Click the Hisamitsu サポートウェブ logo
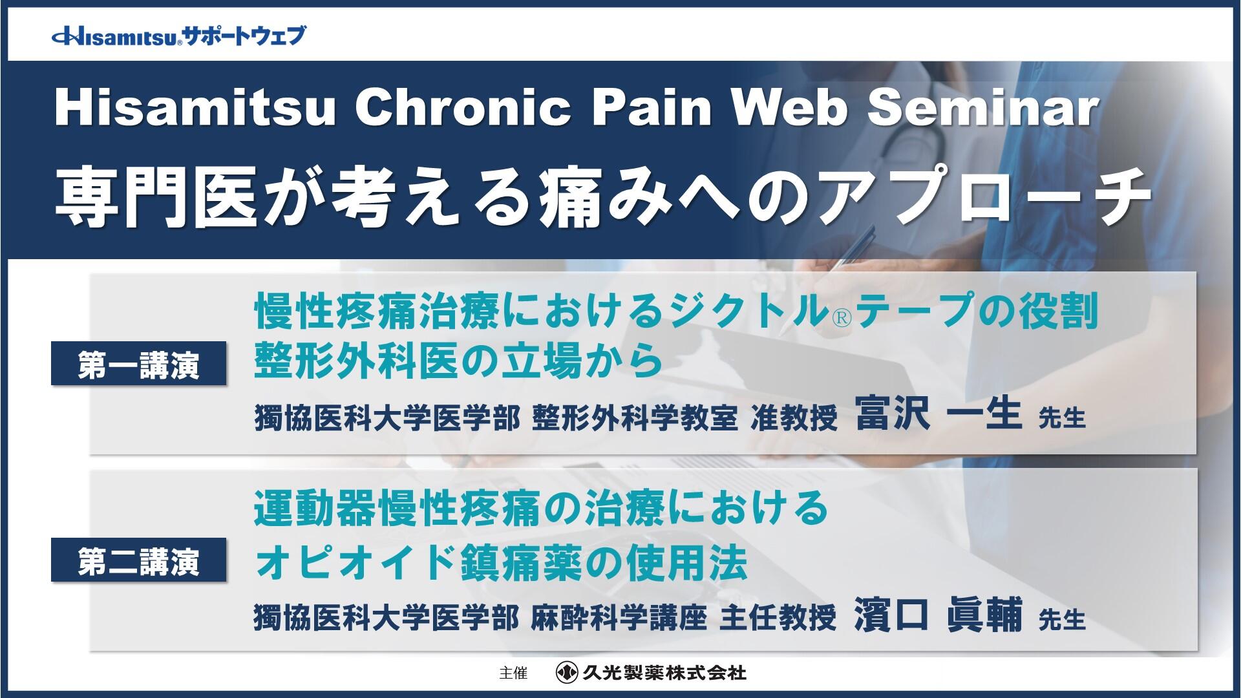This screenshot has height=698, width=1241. pos(178,36)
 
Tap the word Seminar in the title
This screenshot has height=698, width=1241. pos(982,109)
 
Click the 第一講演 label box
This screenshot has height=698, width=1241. pos(139,364)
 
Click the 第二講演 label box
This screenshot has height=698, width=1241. pos(139,560)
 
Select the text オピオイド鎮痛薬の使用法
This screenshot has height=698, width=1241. pos(501,562)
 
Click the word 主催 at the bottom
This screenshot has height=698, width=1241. pos(513,673)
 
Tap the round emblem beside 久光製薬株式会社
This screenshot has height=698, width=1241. pos(567,673)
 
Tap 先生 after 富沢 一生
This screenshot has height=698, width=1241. pos(1062,419)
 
